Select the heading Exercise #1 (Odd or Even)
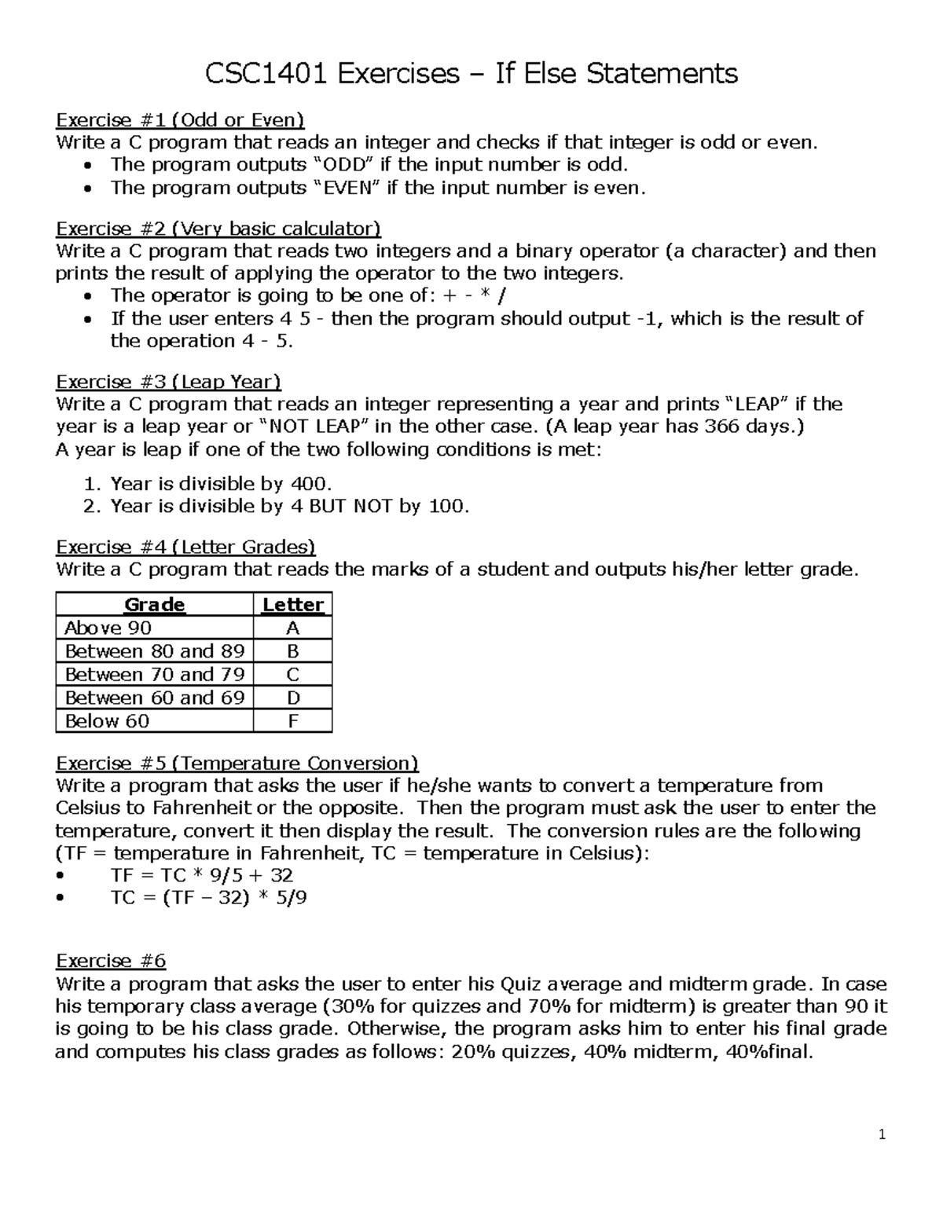180,120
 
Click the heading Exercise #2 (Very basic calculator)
218,229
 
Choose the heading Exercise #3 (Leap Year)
168,382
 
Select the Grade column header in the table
155,605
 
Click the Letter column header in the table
293,605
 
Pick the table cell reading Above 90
108,628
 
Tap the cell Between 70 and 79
155,675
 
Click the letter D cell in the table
293,698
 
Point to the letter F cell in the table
293,721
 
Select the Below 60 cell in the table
107,721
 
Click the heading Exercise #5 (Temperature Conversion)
237,764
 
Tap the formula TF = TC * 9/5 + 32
203,875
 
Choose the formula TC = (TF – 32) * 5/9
209,898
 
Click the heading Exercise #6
111,962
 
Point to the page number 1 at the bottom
882,1134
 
